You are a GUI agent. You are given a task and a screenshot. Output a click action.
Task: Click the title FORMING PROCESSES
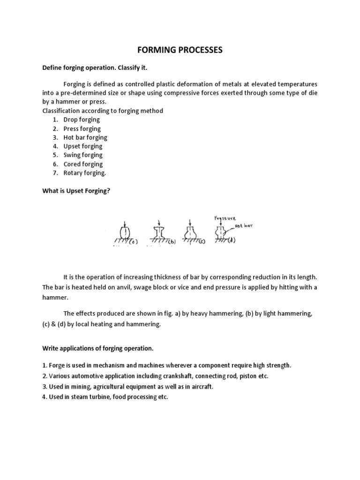pos(180,50)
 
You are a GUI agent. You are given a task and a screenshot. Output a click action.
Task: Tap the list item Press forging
pos(82,128)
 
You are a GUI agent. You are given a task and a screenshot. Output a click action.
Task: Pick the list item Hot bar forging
pos(85,137)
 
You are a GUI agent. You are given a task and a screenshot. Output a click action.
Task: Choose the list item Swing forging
pos(83,155)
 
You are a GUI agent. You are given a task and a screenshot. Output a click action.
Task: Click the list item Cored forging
pos(83,164)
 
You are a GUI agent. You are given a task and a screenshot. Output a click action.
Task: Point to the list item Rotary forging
pos(85,173)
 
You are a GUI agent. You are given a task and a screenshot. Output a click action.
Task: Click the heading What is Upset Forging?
pos(76,191)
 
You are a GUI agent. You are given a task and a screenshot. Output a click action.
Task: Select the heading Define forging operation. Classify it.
pos(95,68)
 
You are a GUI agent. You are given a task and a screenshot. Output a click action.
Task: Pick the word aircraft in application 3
pos(200,387)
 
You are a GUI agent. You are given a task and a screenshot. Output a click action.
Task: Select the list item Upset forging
pos(83,146)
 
